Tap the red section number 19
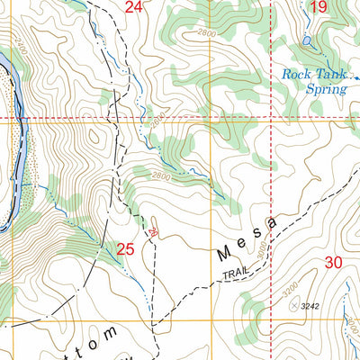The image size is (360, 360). [x=318, y=8]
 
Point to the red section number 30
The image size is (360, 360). [x=332, y=262]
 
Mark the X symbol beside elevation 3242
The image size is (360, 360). [x=293, y=306]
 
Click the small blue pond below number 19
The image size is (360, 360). [x=307, y=40]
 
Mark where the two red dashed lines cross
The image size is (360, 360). [x=271, y=117]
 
